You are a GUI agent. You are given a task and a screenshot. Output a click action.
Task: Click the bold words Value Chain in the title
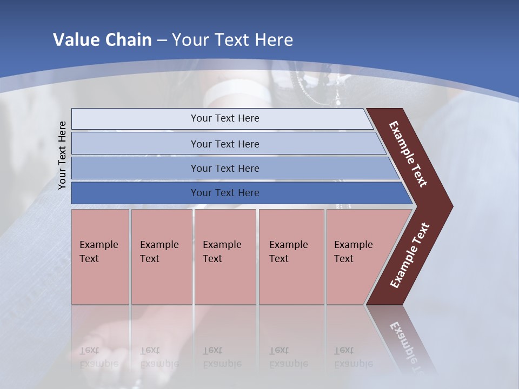pyautogui.click(x=102, y=40)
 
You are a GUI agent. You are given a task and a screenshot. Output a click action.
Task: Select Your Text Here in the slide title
pyautogui.click(x=232, y=40)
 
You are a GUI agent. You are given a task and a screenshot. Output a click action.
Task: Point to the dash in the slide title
pyautogui.click(x=162, y=41)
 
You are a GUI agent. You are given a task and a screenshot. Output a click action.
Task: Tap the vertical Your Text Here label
pyautogui.click(x=62, y=155)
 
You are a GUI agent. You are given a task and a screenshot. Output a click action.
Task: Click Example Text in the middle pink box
pyautogui.click(x=222, y=252)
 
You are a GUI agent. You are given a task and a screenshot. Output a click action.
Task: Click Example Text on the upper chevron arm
pyautogui.click(x=408, y=154)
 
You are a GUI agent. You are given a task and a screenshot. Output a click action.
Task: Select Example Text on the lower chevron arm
pyautogui.click(x=409, y=256)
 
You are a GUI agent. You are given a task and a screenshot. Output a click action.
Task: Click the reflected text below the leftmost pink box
pyautogui.click(x=98, y=357)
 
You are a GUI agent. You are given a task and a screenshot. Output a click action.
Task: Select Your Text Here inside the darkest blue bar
pyautogui.click(x=225, y=193)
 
